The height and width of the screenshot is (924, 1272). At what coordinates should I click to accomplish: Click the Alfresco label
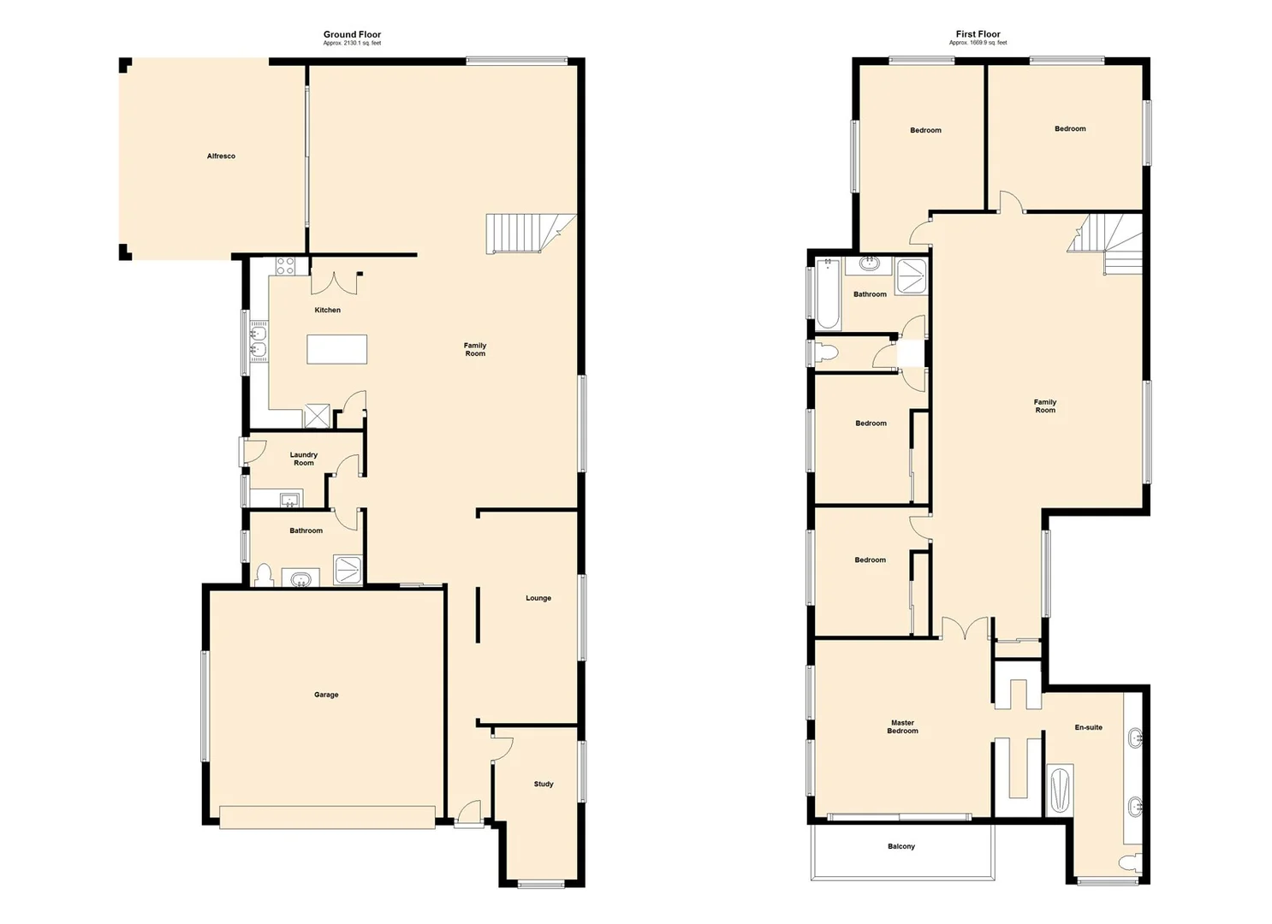[x=221, y=157]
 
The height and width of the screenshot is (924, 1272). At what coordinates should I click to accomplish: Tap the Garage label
[x=326, y=695]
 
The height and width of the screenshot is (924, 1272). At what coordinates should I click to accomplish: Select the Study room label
[x=544, y=784]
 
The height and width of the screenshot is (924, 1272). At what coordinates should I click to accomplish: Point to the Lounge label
[x=538, y=598]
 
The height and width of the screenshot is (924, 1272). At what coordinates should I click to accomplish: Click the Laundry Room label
[x=304, y=459]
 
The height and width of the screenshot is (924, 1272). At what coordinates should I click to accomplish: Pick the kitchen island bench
[x=337, y=349]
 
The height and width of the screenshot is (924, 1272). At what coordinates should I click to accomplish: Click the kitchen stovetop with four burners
[x=285, y=266]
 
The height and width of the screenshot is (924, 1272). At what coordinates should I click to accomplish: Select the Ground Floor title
[x=352, y=35]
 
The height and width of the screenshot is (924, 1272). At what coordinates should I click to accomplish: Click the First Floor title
[x=978, y=35]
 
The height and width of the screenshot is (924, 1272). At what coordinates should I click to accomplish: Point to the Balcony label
[x=901, y=846]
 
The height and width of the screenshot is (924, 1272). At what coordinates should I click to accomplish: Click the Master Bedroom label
[x=903, y=727]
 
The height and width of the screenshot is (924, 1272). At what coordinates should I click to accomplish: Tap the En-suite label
[x=1089, y=727]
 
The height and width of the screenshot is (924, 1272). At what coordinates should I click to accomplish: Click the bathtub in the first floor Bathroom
[x=828, y=294]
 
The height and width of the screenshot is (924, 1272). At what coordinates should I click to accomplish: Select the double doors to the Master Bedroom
[x=966, y=629]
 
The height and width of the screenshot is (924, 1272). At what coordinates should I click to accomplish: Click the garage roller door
[x=326, y=817]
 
